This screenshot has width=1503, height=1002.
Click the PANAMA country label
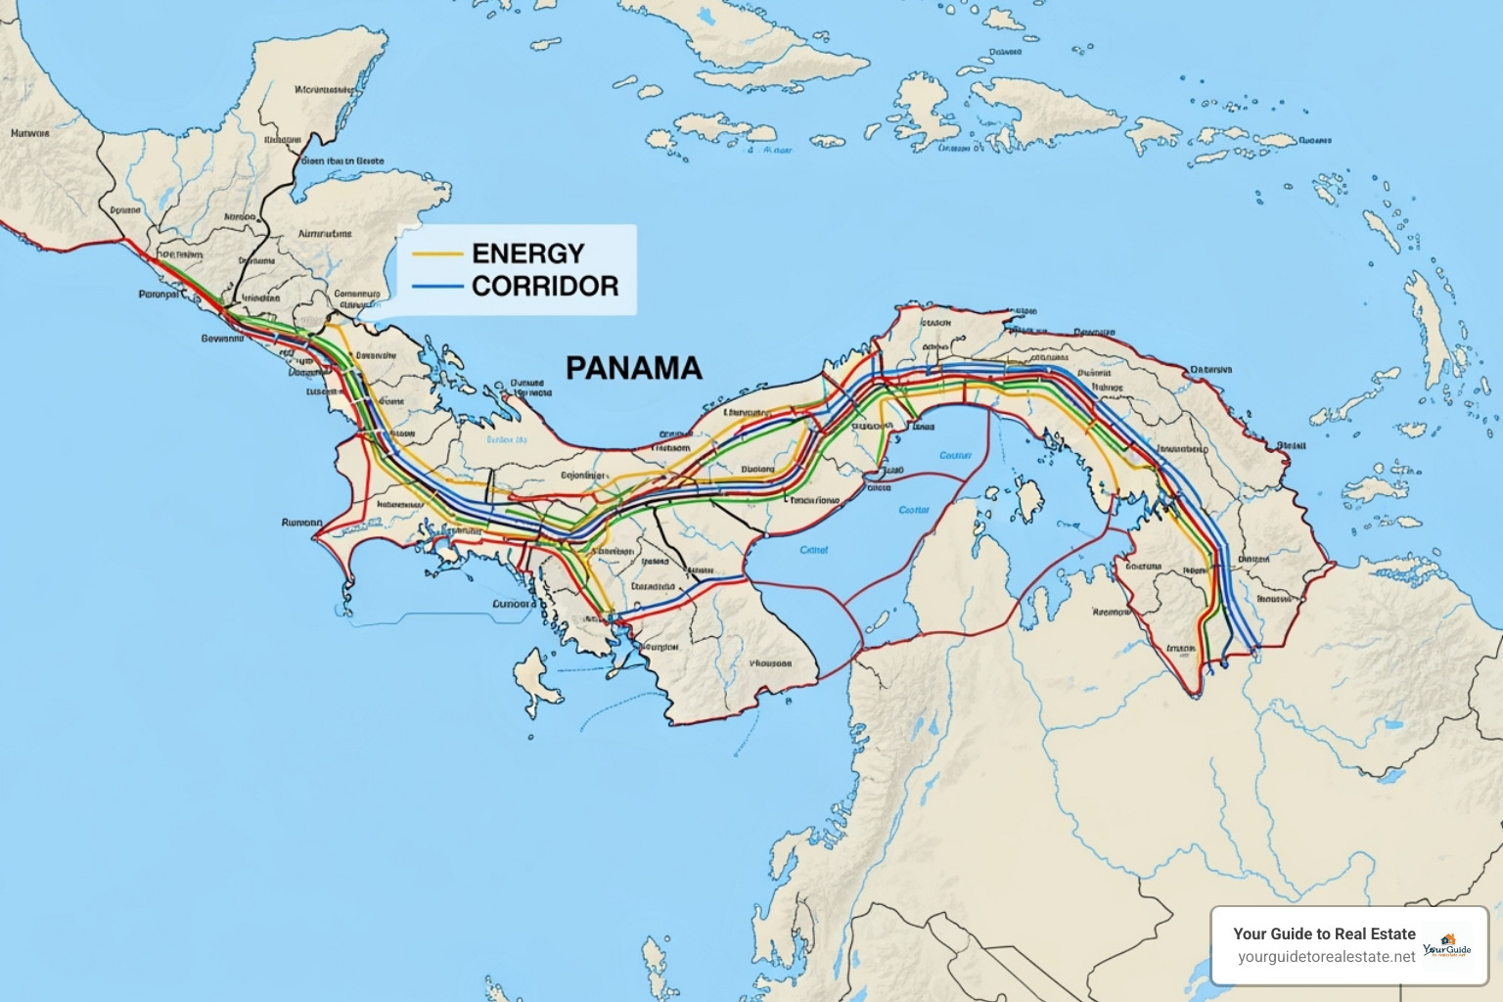pyautogui.click(x=634, y=368)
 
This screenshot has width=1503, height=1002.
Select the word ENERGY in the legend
pyautogui.click(x=527, y=253)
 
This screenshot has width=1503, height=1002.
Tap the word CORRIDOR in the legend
pyautogui.click(x=545, y=286)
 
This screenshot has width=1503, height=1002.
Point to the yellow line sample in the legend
pyautogui.click(x=437, y=254)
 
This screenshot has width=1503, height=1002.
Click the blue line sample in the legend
pyautogui.click(x=437, y=287)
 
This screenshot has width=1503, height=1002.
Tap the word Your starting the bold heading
pyautogui.click(x=1251, y=934)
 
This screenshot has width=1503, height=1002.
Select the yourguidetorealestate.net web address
pyautogui.click(x=1326, y=957)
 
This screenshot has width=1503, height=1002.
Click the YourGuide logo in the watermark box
pyautogui.click(x=1447, y=947)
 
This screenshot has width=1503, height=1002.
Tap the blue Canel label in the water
pyautogui.click(x=813, y=550)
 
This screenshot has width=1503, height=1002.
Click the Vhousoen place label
pyautogui.click(x=770, y=662)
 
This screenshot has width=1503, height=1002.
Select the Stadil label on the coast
pyautogui.click(x=1291, y=445)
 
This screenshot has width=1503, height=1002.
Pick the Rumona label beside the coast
pyautogui.click(x=301, y=523)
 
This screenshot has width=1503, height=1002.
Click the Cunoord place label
pyautogui.click(x=514, y=604)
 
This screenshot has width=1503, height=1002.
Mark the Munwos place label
pyautogui.click(x=29, y=132)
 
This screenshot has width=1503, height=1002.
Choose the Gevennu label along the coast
pyautogui.click(x=222, y=339)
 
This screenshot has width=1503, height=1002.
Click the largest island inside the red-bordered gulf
pyautogui.click(x=1027, y=499)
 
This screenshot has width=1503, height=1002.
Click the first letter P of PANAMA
pyautogui.click(x=575, y=368)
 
